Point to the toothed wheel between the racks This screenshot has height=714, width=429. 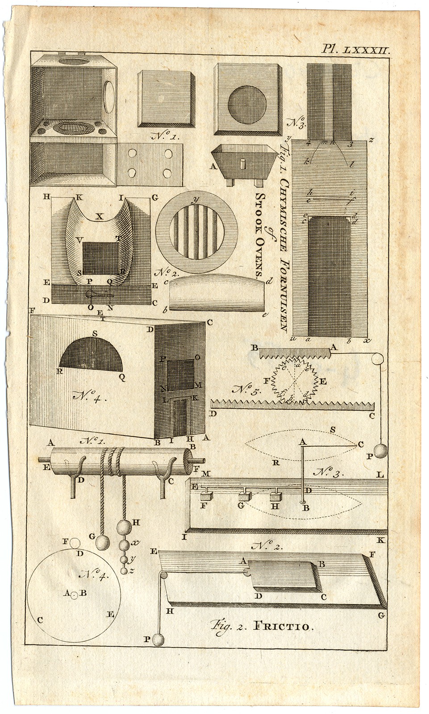(296, 380)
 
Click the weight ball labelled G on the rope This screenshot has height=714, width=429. (102, 543)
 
